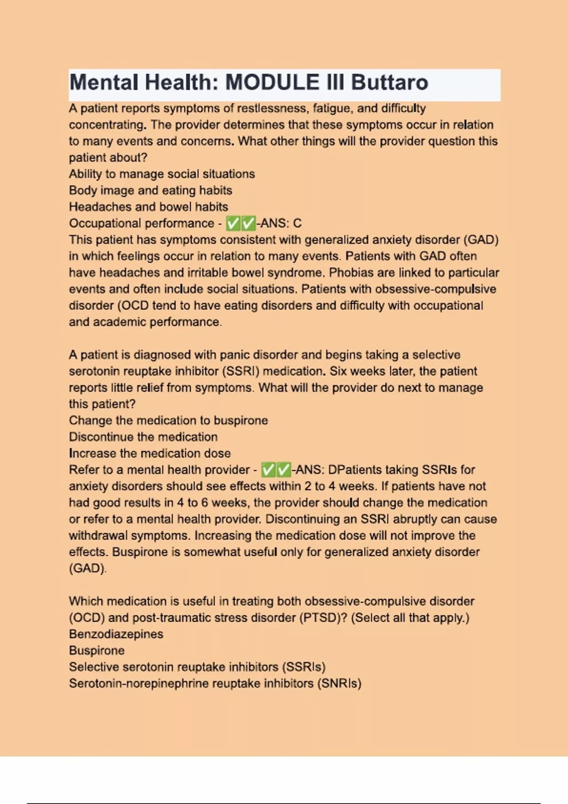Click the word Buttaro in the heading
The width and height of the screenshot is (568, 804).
(390, 83)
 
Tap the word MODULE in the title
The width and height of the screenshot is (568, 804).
(272, 83)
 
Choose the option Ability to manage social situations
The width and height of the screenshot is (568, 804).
(162, 174)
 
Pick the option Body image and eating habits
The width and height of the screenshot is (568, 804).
(151, 191)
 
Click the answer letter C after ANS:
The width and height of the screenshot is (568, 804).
(297, 223)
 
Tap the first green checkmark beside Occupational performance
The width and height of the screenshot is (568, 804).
(233, 223)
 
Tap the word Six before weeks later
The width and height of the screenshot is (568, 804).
(338, 371)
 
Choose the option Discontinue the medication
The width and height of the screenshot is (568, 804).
(143, 437)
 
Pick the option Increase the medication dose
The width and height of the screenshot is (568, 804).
(150, 454)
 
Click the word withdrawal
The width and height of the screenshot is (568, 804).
(98, 536)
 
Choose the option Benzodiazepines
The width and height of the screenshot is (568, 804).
(116, 634)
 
